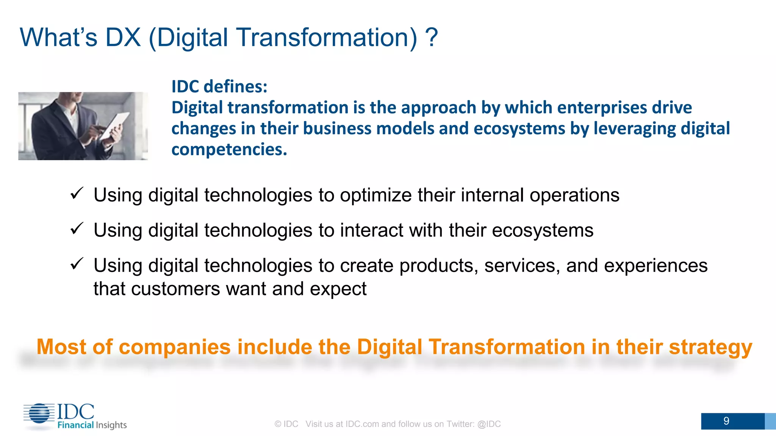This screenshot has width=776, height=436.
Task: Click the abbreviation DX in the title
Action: pos(123,38)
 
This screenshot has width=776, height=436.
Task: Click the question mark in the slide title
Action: pos(431,38)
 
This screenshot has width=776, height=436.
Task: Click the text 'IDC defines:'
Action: pos(219,87)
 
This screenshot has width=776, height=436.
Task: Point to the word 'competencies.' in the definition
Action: pos(229,149)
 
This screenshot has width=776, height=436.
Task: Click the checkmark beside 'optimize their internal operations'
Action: pos(77,193)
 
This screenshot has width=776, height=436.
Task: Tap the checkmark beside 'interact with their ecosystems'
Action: pos(77,229)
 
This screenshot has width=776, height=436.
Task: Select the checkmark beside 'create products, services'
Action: pos(77,264)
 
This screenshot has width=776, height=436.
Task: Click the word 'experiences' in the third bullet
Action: pos(656,266)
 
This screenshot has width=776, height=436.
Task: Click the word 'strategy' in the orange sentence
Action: pos(710,347)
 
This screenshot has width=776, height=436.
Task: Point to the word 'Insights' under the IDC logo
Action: pos(111,425)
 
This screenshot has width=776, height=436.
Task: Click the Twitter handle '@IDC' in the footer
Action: pos(489,424)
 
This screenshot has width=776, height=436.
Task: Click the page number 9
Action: pos(726,421)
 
